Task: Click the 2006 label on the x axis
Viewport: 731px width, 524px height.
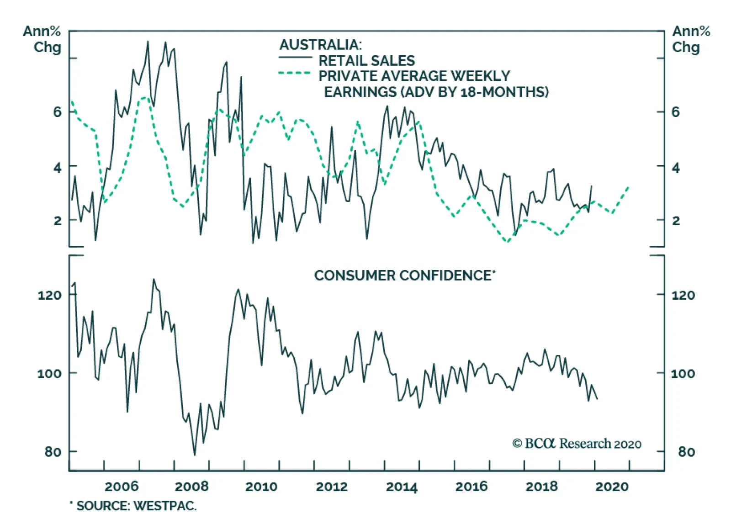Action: tap(121, 486)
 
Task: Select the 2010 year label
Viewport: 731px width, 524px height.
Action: tap(261, 486)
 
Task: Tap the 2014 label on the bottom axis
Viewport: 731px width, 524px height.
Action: tap(402, 486)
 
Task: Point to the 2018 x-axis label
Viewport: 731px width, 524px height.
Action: tap(541, 486)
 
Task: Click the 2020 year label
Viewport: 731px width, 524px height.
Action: tap(612, 486)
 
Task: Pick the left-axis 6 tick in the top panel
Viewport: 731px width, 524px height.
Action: tap(57, 112)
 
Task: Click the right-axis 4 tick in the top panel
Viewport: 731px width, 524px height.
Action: tap(676, 168)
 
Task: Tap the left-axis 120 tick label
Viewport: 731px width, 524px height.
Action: tap(49, 295)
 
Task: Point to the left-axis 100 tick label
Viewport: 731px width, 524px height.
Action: tap(49, 373)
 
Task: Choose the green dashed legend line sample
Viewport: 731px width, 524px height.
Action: tap(295, 73)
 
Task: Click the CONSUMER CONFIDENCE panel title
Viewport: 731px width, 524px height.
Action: tap(405, 275)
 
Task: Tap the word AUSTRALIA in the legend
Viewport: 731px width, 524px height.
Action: tap(320, 45)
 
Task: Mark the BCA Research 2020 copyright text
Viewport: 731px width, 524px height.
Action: tap(577, 444)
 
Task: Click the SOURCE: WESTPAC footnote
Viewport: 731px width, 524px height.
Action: tap(133, 506)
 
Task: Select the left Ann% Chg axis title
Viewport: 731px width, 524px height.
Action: tap(42, 39)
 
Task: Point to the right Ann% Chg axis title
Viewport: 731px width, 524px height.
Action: tap(691, 39)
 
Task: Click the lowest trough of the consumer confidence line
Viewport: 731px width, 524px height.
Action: tap(195, 455)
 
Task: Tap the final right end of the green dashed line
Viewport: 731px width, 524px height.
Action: tap(629, 186)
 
